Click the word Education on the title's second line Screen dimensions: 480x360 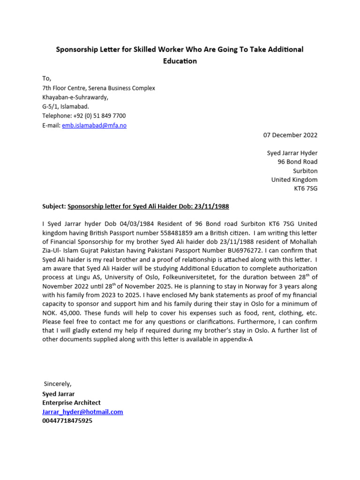(x=180, y=61)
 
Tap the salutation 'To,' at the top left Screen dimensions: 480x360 (x=47, y=78)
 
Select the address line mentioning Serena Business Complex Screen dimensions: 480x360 (x=98, y=88)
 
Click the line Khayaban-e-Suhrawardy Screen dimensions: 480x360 (x=75, y=97)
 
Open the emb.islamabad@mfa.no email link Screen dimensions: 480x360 (x=94, y=125)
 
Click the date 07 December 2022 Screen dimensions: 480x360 (x=290, y=135)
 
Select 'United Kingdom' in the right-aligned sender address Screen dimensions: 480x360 (x=294, y=180)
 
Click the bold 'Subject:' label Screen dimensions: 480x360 (x=54, y=206)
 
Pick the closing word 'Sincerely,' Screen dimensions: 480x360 (x=58, y=384)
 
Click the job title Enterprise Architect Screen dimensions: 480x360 (x=71, y=403)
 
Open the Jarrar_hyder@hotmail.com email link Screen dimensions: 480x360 (x=82, y=412)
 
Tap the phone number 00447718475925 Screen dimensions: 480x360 (x=67, y=420)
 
